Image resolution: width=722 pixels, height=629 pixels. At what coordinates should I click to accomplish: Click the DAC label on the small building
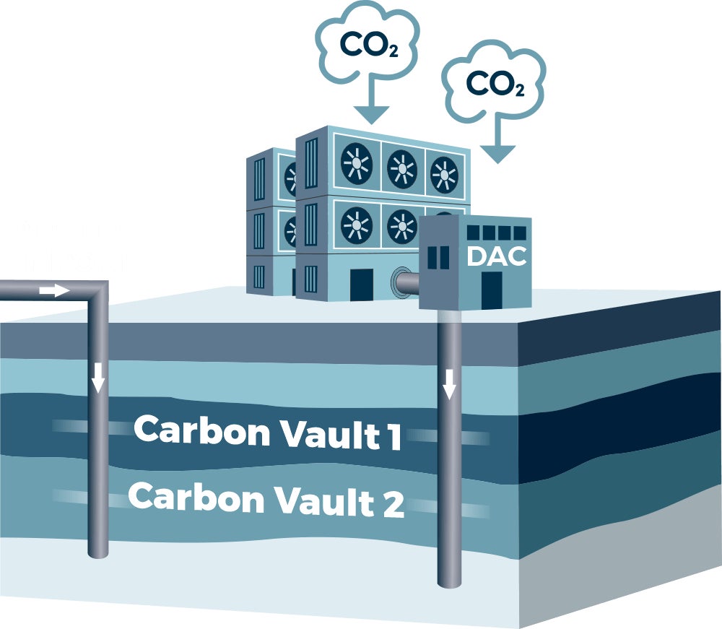496,256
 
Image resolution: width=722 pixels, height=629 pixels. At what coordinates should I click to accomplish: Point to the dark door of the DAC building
492,287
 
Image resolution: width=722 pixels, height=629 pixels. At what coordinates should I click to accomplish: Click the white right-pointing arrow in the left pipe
53,290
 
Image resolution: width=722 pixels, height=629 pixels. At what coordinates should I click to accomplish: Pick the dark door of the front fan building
361,285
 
